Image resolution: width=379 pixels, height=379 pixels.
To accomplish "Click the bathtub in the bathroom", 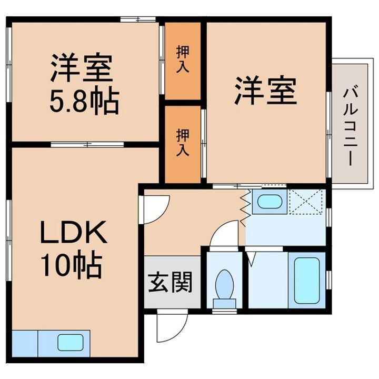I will coord(307,280).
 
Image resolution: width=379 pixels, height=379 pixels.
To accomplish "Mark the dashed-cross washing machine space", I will coord(306,202).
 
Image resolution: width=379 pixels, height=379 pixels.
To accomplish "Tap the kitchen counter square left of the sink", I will coord(25,343).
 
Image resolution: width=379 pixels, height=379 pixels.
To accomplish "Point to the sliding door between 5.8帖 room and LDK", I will coord(87,144).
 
